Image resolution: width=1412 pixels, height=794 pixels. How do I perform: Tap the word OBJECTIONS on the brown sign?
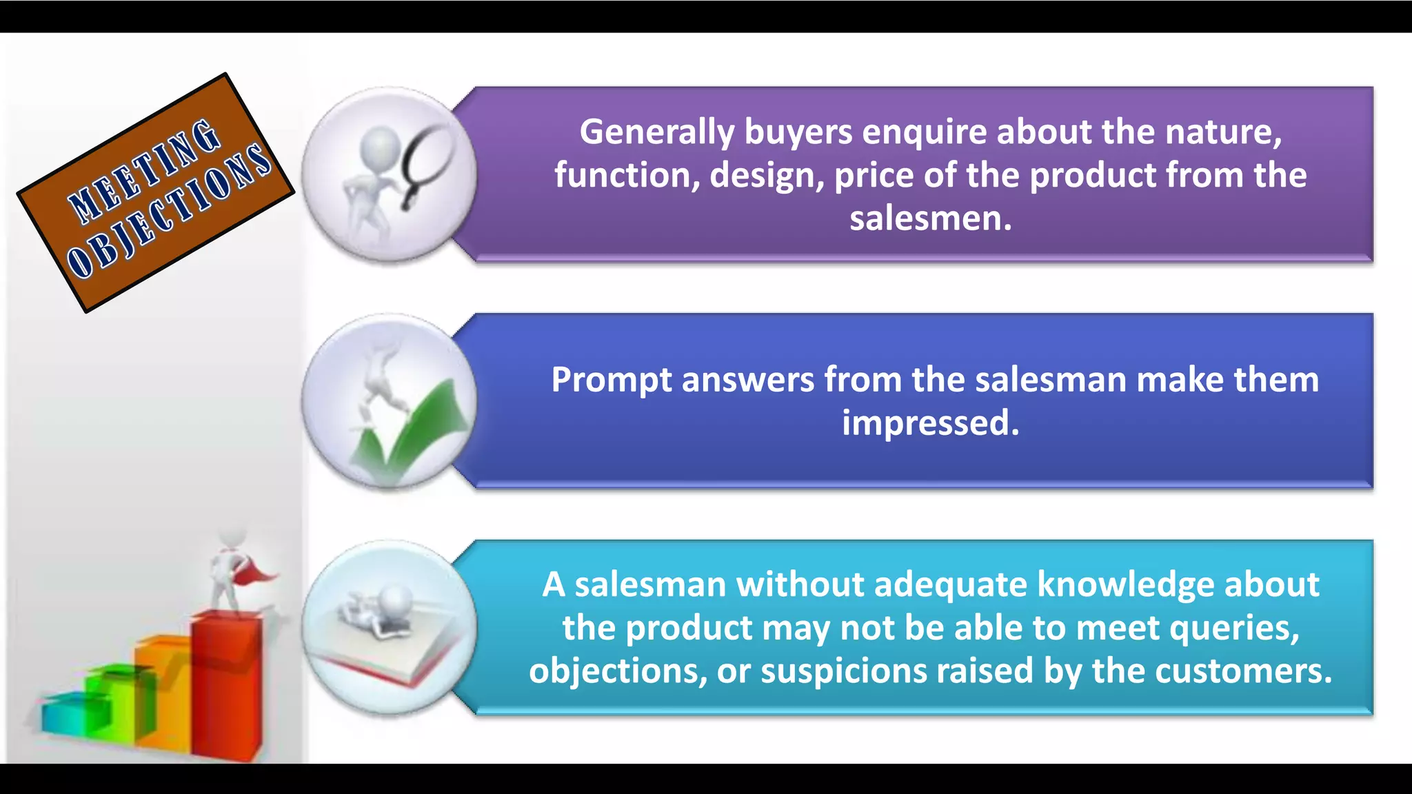pyautogui.click(x=169, y=210)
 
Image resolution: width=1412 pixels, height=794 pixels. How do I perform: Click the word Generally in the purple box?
pyautogui.click(x=656, y=132)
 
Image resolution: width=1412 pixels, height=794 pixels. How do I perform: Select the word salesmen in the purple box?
pyautogui.click(x=929, y=218)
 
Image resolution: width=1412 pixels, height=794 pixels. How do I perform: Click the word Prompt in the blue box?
pyautogui.click(x=611, y=380)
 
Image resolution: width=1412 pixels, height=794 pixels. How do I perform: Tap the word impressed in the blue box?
pyautogui.click(x=929, y=423)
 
